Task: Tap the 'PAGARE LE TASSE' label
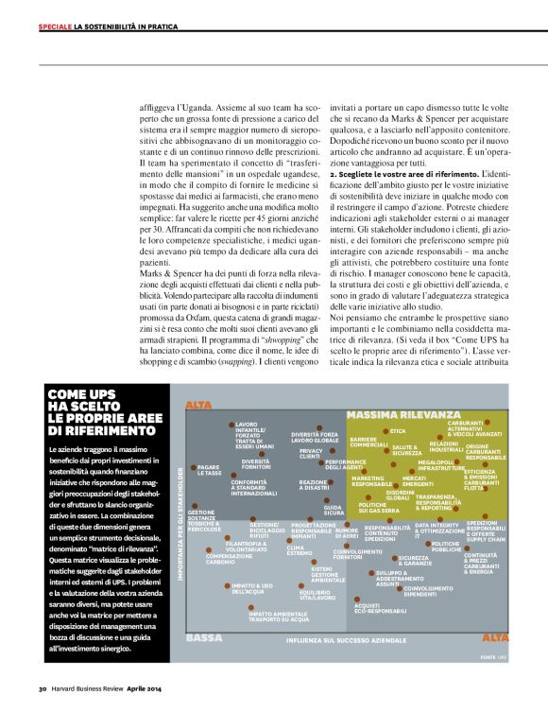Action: (209, 469)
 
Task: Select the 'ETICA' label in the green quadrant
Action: (397, 431)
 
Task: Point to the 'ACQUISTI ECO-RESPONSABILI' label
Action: (380, 608)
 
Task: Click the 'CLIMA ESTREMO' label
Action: (300, 549)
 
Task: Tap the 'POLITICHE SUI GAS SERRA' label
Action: (378, 508)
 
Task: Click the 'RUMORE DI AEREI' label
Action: (346, 533)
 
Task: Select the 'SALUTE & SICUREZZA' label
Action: (407, 450)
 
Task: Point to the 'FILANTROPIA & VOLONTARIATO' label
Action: (246, 546)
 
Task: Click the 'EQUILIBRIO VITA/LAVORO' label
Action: (317, 595)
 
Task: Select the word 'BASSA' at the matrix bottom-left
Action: (204, 638)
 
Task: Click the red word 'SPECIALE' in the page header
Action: (55, 26)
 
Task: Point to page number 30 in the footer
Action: (43, 687)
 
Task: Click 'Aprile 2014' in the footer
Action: (147, 687)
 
